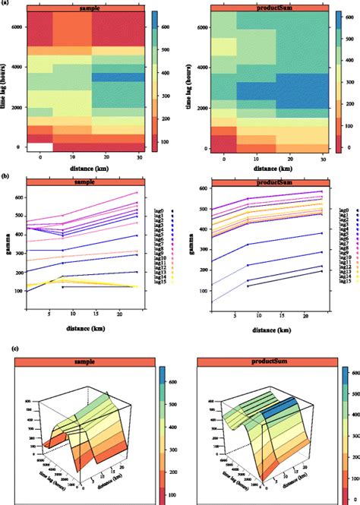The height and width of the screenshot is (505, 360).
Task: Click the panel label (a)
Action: (x=5, y=4)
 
